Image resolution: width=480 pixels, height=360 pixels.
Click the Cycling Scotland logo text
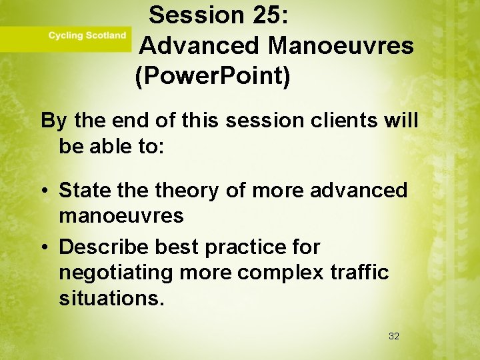[87, 35]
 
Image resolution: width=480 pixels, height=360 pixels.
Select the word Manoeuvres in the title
[341, 46]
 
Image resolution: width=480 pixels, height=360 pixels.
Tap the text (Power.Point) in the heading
[213, 77]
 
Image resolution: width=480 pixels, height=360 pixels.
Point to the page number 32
[394, 337]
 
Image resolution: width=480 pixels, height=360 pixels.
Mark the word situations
[111, 299]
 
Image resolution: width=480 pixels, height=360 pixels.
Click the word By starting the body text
[55, 121]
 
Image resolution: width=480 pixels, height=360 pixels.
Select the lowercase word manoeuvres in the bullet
[121, 216]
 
